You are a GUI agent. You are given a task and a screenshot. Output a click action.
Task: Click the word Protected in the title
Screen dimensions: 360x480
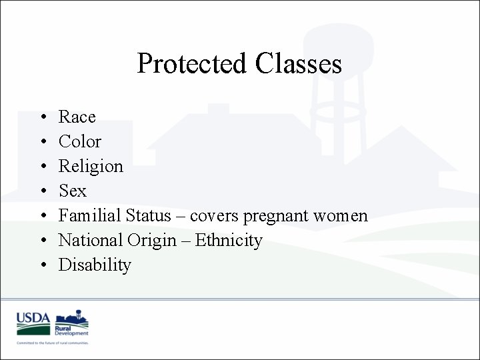(x=191, y=64)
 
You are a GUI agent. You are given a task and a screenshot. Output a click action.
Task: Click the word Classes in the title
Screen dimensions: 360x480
(x=297, y=64)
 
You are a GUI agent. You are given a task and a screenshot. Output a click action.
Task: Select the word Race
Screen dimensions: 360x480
(x=77, y=117)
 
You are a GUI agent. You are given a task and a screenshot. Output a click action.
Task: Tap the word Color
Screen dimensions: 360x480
(x=79, y=142)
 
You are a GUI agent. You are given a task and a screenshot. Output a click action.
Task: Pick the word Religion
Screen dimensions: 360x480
(x=91, y=167)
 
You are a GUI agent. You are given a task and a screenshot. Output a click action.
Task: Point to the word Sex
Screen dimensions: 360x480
(x=72, y=191)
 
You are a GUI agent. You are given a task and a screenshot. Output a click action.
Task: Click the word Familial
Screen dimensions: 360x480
(x=89, y=216)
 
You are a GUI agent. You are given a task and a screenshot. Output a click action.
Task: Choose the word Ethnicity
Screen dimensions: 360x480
(x=229, y=241)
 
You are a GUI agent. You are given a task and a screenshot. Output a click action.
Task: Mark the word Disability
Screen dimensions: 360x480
(x=95, y=265)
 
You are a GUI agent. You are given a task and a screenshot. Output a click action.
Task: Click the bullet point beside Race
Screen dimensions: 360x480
(x=43, y=118)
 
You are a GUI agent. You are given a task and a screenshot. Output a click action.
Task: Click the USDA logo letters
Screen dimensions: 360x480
(x=33, y=319)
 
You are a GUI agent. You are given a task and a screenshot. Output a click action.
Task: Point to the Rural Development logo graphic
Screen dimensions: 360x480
(x=71, y=323)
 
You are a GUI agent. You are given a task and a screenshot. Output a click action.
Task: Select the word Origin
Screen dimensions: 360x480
(x=157, y=241)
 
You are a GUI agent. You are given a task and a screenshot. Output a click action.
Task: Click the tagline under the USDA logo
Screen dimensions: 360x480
(x=53, y=343)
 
